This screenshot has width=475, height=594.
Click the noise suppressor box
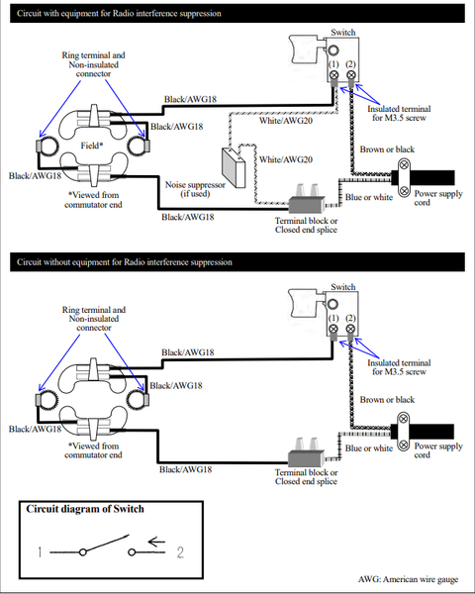tap(233, 166)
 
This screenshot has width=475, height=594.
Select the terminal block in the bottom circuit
tap(306, 453)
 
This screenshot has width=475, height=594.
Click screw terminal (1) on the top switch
tap(333, 74)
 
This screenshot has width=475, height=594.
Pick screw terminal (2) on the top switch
tap(351, 74)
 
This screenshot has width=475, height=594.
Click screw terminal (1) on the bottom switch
tap(333, 329)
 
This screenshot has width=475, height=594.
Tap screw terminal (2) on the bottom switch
tap(350, 329)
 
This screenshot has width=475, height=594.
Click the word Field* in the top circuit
tap(92, 146)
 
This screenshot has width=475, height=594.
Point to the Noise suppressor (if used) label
tap(195, 189)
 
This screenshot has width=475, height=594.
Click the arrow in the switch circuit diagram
tap(156, 543)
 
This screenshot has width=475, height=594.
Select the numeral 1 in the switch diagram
tap(40, 552)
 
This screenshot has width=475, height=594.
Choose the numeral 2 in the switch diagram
tap(180, 552)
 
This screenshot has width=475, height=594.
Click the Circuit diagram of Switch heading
tap(85, 509)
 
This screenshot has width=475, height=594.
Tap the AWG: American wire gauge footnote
tap(409, 579)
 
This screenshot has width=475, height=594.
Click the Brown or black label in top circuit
tap(387, 149)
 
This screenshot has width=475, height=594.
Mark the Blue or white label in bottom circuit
tap(369, 448)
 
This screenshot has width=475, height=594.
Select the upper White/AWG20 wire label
tap(286, 121)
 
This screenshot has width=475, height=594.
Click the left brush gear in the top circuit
tap(48, 146)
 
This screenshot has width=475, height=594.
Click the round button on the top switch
tap(333, 50)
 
